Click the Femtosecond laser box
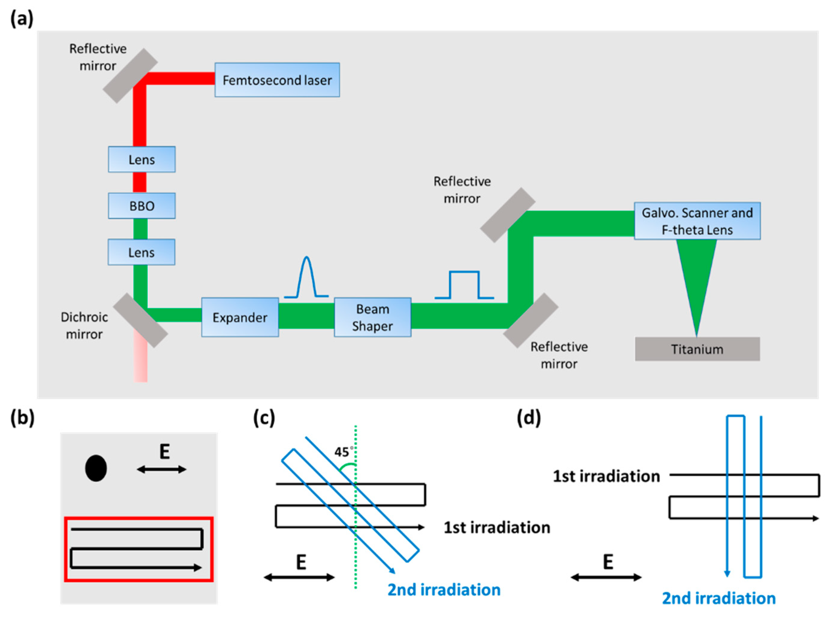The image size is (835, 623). click(x=277, y=80)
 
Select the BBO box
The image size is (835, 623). click(x=142, y=206)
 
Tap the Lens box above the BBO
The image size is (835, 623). click(x=142, y=159)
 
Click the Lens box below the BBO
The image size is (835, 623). click(x=141, y=252)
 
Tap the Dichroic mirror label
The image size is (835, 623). click(x=84, y=325)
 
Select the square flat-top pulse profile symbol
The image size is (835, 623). click(x=464, y=285)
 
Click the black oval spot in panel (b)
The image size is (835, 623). click(x=96, y=468)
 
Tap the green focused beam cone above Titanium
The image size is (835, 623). click(x=696, y=275)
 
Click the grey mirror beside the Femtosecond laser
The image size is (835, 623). click(x=130, y=76)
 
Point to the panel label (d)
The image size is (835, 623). click(x=529, y=418)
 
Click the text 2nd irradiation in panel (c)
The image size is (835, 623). click(x=444, y=590)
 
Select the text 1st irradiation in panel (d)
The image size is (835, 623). click(x=606, y=476)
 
